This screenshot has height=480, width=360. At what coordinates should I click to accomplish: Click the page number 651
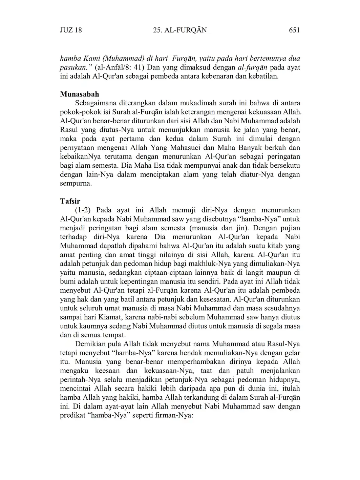coord(294,30)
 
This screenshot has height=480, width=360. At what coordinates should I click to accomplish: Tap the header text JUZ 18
coord(71,30)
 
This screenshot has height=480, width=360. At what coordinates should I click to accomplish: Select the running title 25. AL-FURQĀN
coord(180,30)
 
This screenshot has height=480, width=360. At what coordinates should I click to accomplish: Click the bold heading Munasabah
coord(80,94)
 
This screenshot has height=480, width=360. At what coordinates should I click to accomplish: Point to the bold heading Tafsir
coord(70,201)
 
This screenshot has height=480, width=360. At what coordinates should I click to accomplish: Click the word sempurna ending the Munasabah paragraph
coord(76,184)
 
